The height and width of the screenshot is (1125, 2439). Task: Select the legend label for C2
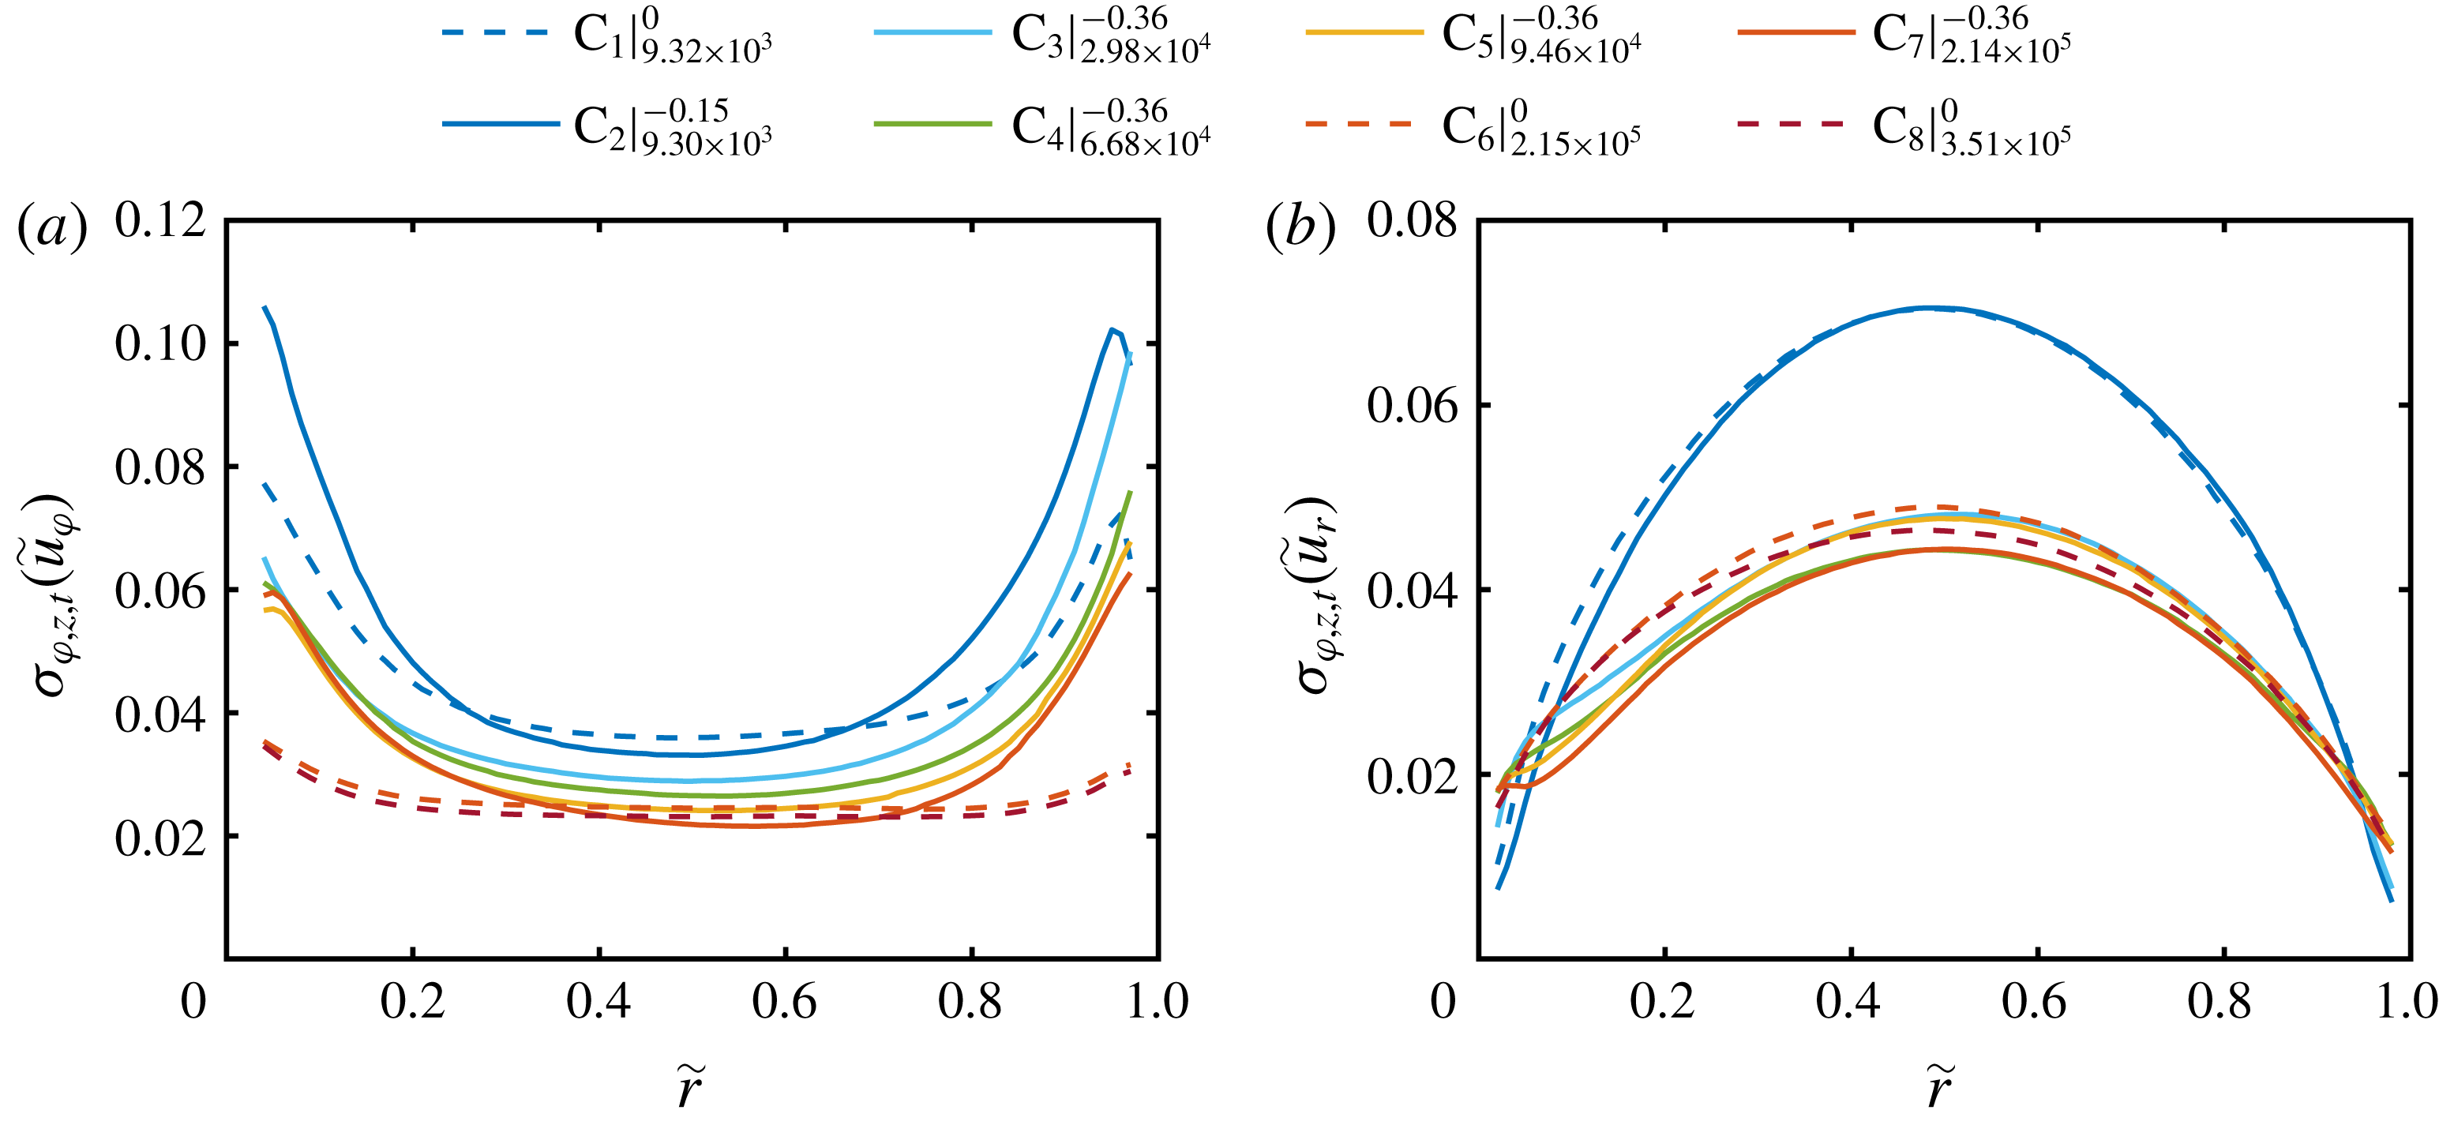672,127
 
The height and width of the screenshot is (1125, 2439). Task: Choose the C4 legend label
1109,127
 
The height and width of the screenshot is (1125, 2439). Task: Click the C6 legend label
1540,127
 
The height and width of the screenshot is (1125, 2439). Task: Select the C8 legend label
1972,127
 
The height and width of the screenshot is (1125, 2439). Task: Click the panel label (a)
52,227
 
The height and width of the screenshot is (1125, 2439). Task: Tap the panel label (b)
1300,227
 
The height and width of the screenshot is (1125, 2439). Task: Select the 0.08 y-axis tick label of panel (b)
1412,220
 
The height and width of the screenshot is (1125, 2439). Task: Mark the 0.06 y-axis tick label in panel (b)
1412,405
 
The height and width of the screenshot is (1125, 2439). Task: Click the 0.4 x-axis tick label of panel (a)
598,1002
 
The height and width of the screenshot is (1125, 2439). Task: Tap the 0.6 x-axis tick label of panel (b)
2035,1002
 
